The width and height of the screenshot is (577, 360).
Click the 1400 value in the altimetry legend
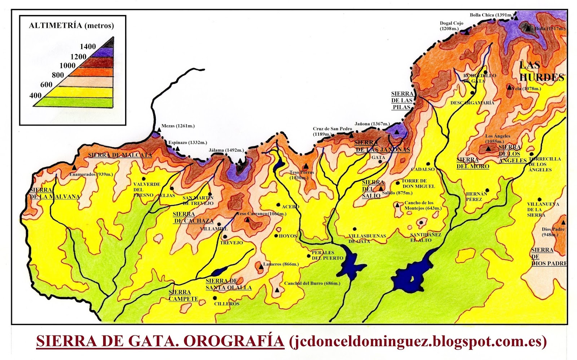click(88, 47)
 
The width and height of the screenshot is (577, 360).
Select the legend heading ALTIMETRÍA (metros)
click(71, 26)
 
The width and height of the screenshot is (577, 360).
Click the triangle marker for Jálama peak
click(240, 161)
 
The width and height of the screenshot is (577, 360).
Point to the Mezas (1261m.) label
click(178, 126)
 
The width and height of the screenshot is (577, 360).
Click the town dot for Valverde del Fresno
click(144, 179)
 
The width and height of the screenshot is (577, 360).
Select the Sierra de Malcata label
click(120, 155)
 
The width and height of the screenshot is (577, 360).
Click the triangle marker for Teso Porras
click(306, 166)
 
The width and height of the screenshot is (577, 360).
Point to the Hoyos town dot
click(276, 236)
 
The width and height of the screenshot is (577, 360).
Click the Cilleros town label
click(227, 304)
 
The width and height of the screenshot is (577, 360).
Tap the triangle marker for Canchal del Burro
click(277, 290)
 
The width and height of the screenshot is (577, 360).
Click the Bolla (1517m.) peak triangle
click(529, 27)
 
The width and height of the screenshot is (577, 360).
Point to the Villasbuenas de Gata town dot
click(355, 229)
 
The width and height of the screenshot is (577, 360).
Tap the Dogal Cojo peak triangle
click(467, 32)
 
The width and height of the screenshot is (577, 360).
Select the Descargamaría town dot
click(472, 93)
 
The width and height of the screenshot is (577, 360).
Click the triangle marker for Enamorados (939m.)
click(74, 168)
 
